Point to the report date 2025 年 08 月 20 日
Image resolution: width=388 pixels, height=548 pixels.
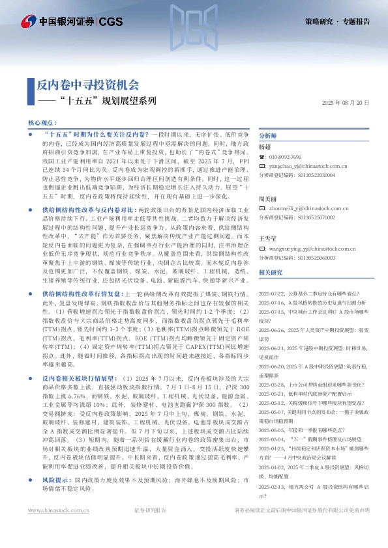click(346, 103)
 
